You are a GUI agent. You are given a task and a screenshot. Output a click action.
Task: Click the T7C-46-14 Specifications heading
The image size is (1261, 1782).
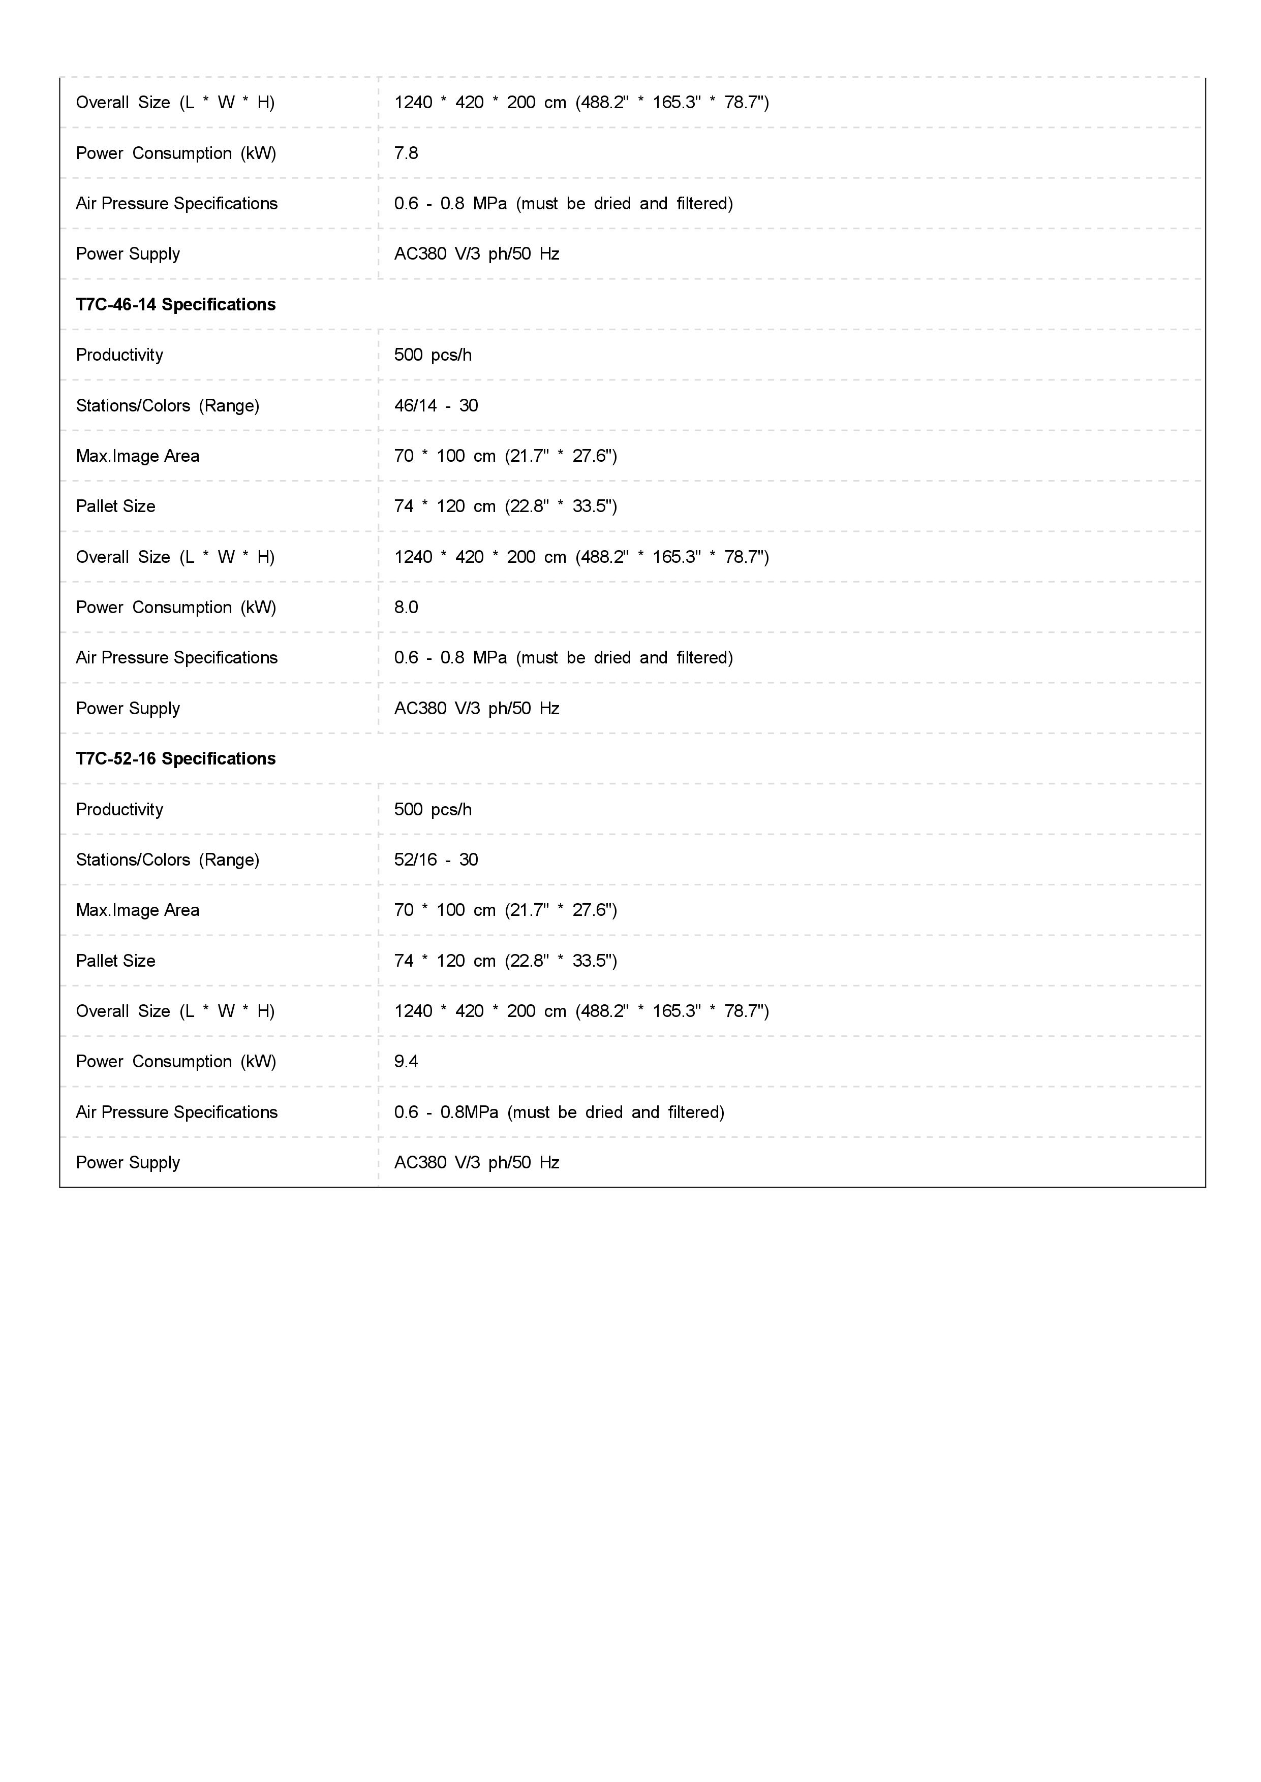pos(175,304)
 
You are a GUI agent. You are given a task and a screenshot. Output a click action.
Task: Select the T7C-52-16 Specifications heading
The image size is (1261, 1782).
pos(175,758)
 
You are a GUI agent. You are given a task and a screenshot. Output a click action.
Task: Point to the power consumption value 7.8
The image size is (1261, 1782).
pos(405,153)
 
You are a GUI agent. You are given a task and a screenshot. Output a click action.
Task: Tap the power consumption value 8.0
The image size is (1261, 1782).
pos(405,607)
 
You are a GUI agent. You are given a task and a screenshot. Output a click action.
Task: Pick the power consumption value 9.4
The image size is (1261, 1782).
pos(405,1061)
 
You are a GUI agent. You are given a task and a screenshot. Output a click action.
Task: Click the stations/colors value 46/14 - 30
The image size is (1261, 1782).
pos(436,405)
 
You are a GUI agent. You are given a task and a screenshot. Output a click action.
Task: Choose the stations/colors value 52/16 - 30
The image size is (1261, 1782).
pos(436,859)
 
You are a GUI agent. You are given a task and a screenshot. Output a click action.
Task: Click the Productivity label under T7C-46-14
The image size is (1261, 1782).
pos(119,355)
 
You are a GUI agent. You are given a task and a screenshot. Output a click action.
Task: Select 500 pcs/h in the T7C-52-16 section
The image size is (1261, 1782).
pos(433,809)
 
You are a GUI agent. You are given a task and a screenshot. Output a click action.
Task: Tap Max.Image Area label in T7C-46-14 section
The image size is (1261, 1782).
pos(137,456)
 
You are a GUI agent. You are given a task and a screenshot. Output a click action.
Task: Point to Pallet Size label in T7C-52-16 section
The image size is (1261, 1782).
pos(116,960)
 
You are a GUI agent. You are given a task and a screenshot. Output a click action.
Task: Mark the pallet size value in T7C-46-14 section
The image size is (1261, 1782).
pos(505,506)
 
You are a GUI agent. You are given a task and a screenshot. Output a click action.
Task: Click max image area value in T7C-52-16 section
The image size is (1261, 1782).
pos(505,910)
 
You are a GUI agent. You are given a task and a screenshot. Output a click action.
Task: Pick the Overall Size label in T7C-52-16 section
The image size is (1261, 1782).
pos(175,1010)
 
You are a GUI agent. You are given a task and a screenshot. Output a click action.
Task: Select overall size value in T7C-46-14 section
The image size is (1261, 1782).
pos(581,556)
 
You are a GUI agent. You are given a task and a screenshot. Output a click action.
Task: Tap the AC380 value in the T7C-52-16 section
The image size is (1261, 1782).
pos(476,1162)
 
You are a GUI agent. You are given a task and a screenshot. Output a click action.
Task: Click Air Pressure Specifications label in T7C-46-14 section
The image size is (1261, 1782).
pos(176,657)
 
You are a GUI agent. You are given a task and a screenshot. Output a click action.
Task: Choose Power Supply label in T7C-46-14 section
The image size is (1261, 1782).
pos(128,708)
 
